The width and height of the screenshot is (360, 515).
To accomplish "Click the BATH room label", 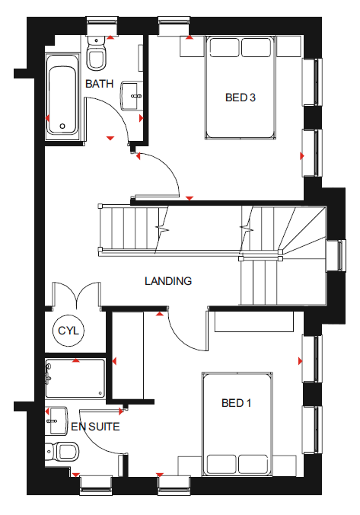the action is click(x=99, y=84).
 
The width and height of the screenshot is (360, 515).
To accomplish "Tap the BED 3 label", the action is click(x=241, y=98).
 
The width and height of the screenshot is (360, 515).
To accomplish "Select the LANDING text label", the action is click(x=168, y=281).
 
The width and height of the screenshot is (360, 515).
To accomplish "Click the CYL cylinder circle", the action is click(x=68, y=331).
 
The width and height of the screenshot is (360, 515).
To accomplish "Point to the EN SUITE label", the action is click(x=95, y=427).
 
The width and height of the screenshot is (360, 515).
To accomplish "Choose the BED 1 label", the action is click(x=236, y=403).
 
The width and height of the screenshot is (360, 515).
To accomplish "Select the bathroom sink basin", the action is click(x=132, y=96).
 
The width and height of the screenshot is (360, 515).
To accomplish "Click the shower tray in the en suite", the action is click(x=75, y=379).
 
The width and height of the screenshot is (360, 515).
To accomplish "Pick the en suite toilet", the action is click(x=62, y=451).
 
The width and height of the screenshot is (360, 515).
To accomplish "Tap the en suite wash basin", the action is click(x=56, y=421).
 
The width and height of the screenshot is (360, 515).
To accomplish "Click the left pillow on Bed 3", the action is click(x=225, y=48).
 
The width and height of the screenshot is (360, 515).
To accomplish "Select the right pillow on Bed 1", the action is click(x=253, y=465).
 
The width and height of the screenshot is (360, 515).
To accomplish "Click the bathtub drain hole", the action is click(x=62, y=126).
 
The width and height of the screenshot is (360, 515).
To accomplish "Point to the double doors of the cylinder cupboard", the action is click(x=76, y=293).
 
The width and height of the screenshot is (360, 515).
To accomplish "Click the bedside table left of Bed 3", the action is click(x=192, y=46).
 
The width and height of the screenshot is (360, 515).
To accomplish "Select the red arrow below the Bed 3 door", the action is click(x=189, y=198).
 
